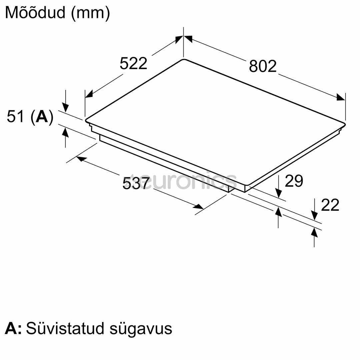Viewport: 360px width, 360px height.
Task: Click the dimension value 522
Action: [x=133, y=63]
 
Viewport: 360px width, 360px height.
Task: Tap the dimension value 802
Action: [x=263, y=66]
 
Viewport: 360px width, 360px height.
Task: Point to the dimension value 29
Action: [x=294, y=181]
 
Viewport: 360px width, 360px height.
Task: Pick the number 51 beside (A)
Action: [x=15, y=116]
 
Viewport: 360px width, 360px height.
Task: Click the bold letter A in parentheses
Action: [x=42, y=117]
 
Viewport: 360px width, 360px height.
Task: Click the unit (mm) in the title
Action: [x=90, y=13]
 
